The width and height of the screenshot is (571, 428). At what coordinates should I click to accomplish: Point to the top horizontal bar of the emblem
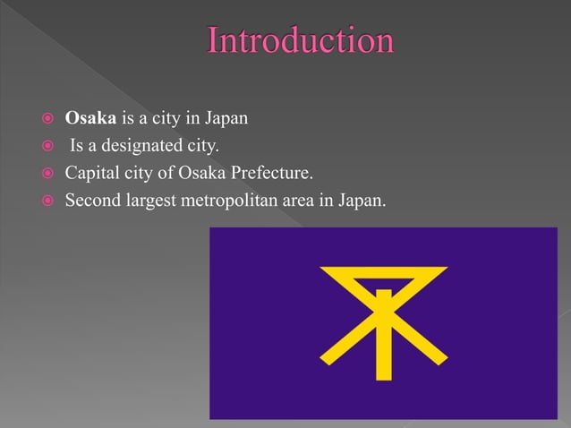383,269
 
